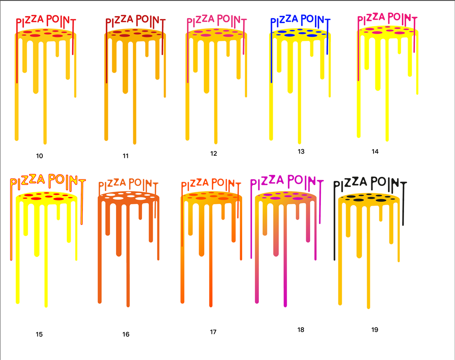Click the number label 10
(x=40, y=156)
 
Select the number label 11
(x=126, y=156)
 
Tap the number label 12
(x=213, y=154)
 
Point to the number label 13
(x=301, y=151)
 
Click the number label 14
(x=375, y=151)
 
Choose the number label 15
(x=39, y=335)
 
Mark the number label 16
(x=126, y=335)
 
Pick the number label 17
(x=213, y=332)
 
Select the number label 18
(x=301, y=330)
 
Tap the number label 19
(x=374, y=330)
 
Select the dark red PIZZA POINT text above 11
(x=135, y=21)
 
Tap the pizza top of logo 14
(x=387, y=31)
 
